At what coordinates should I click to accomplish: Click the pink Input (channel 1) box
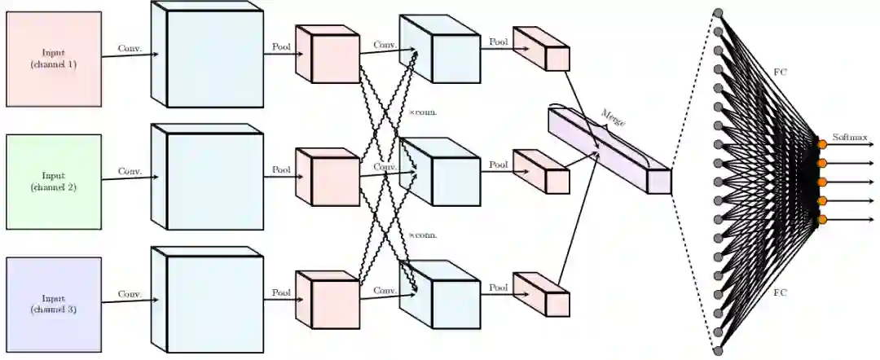pyautogui.click(x=53, y=59)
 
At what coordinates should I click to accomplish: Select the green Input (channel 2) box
pyautogui.click(x=53, y=181)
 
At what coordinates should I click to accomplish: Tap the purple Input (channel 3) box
pyautogui.click(x=53, y=304)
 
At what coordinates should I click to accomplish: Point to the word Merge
pyautogui.click(x=613, y=119)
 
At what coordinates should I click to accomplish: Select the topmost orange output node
pyautogui.click(x=822, y=144)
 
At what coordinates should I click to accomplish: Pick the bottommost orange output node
pyautogui.click(x=822, y=219)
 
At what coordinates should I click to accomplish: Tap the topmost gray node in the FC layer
pyautogui.click(x=718, y=12)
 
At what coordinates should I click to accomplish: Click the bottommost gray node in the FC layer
pyautogui.click(x=718, y=351)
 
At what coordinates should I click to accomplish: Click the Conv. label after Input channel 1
pyautogui.click(x=130, y=48)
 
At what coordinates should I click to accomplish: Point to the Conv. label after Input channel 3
pyautogui.click(x=130, y=294)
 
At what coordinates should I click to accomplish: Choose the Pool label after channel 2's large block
pyautogui.click(x=281, y=170)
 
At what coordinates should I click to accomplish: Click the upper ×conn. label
pyautogui.click(x=423, y=112)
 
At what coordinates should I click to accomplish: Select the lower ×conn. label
pyautogui.click(x=423, y=235)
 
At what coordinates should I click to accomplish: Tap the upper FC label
pyautogui.click(x=780, y=71)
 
